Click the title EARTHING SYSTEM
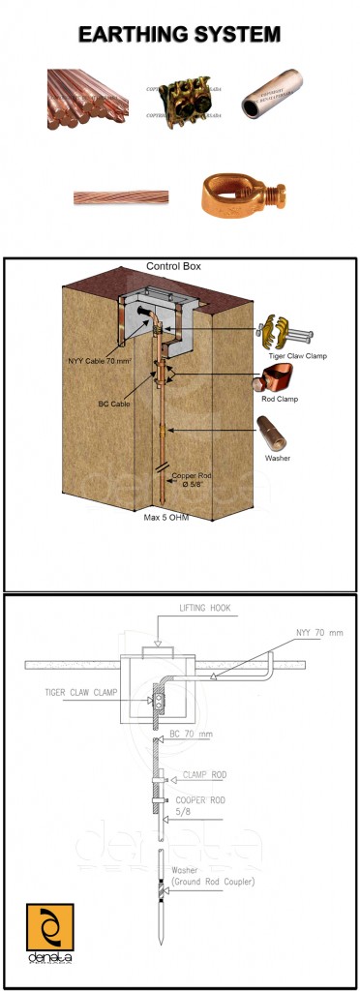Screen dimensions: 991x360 [x=179, y=35]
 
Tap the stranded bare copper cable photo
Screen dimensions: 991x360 [x=121, y=197]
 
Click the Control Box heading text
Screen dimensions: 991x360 [x=172, y=265]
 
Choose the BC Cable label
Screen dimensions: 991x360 [x=113, y=404]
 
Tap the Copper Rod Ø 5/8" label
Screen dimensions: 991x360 [x=192, y=481]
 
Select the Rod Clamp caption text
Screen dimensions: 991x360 [x=280, y=398]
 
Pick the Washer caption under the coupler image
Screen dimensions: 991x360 [x=277, y=457]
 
